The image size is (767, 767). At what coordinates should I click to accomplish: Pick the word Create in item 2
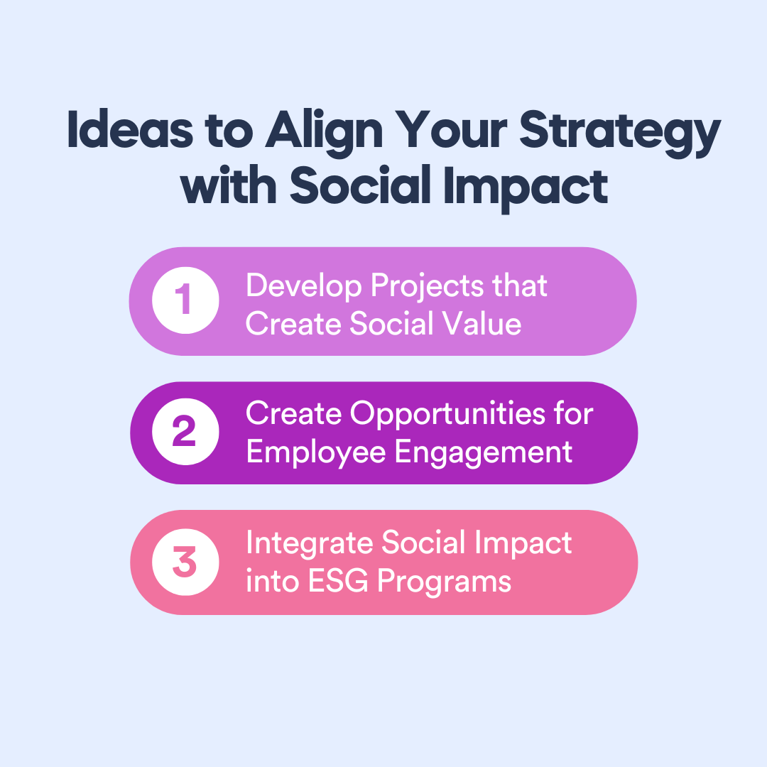tap(292, 413)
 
